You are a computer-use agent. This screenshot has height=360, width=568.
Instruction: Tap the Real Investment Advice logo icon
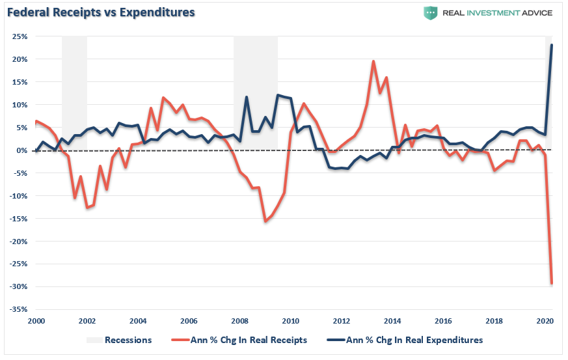tap(430, 13)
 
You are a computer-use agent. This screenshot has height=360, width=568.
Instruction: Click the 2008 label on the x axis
tap(239, 321)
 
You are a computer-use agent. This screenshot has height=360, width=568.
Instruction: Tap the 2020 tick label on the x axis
tap(544, 321)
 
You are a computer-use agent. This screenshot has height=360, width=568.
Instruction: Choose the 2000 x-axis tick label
tap(36, 321)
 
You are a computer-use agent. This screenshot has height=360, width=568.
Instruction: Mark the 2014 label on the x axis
tap(392, 321)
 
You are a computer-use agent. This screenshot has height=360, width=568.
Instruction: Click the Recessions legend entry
tap(128, 340)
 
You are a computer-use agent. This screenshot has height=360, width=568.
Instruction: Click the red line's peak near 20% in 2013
tap(373, 61)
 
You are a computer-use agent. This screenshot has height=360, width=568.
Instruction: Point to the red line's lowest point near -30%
tap(552, 283)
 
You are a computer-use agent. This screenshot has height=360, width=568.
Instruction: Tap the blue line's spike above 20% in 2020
tap(552, 45)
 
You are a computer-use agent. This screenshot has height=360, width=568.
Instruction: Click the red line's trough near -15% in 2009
tap(265, 221)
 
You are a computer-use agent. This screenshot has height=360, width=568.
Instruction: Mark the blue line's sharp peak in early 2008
tap(247, 97)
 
